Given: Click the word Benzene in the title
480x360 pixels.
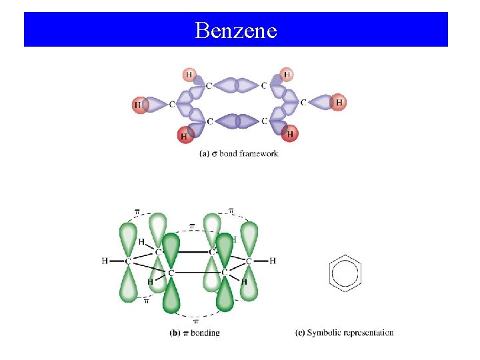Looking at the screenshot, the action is point(236,30).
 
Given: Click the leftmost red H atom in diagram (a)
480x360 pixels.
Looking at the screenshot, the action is point(139,105).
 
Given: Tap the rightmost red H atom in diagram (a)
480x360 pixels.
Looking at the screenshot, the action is point(339,103).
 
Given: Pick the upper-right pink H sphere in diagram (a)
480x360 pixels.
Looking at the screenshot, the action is point(287,74).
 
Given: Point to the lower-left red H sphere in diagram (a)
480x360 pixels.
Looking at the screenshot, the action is point(185,135).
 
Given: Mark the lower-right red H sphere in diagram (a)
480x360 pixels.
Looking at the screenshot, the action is point(289,134).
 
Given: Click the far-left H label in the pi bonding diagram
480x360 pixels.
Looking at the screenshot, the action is point(105,261).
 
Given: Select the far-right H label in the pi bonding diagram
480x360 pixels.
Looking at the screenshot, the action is point(273,261).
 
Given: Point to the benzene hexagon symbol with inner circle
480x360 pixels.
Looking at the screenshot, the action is point(345,273).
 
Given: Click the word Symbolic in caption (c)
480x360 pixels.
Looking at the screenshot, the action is point(323,333).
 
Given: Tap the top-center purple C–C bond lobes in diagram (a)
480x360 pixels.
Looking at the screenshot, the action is point(237,85).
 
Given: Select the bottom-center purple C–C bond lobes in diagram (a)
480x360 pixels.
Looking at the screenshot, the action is point(237,121).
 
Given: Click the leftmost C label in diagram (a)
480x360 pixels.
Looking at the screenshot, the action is point(172,104).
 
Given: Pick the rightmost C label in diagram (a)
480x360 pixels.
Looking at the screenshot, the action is point(303,103).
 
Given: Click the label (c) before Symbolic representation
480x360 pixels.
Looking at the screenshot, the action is point(299,333).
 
